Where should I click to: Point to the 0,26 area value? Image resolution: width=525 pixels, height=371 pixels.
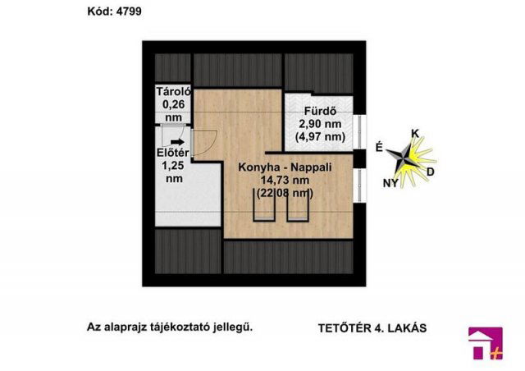point(172,104)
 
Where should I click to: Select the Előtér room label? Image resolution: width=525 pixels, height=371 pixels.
point(173,153)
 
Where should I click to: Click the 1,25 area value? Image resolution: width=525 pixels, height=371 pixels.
point(173,165)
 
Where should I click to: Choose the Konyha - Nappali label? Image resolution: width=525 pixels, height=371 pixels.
point(284,167)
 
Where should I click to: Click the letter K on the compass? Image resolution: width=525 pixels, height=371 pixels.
point(415,133)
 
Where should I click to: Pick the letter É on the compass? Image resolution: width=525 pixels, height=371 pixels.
point(378,147)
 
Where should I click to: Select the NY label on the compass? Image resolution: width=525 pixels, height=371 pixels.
point(391,182)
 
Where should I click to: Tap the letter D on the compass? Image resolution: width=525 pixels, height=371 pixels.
point(431,172)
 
